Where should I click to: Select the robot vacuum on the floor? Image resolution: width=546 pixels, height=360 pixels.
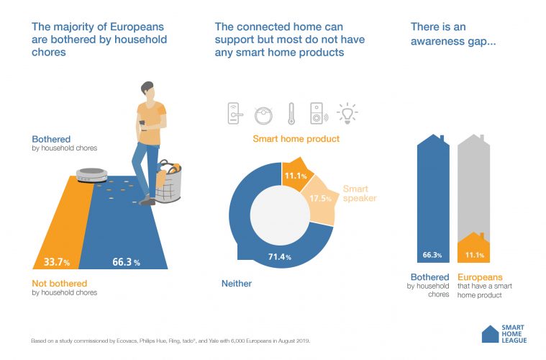92,174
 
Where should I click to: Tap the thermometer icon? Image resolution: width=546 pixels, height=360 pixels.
291,112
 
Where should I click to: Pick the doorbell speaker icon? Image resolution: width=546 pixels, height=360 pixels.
319,112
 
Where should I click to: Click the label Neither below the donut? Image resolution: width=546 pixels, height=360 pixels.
236,284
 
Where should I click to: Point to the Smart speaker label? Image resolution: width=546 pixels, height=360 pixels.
355,194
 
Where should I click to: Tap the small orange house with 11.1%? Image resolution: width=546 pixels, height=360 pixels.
474,248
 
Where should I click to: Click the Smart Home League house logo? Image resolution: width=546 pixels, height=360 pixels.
490,333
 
